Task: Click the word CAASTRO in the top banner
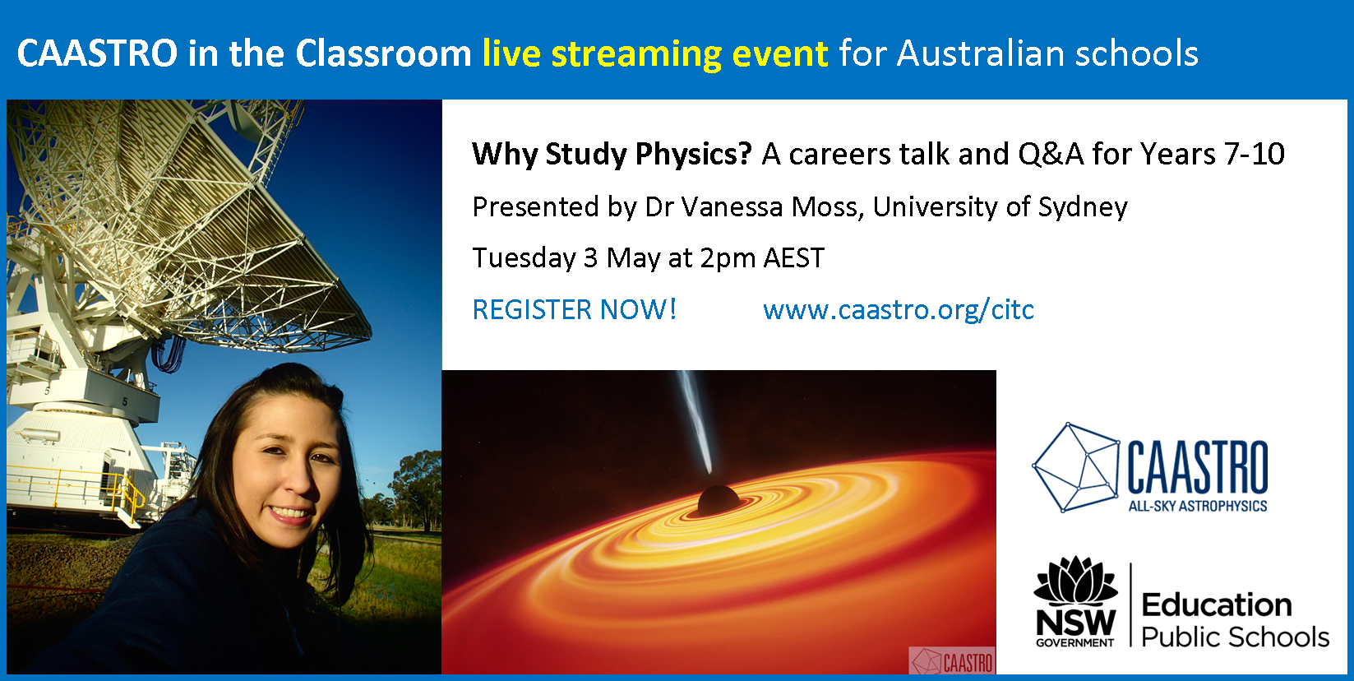(97, 53)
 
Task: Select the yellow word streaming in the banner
(636, 54)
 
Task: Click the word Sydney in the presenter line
(1083, 208)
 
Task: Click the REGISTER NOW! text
(575, 309)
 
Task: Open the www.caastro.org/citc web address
(899, 310)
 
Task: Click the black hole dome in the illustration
(719, 500)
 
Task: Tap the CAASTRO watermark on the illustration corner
(953, 661)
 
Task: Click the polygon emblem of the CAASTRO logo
(1076, 467)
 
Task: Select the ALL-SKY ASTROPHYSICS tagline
(1198, 506)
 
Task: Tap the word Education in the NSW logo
(1216, 605)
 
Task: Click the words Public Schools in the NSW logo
(1235, 637)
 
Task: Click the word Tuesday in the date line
(524, 259)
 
